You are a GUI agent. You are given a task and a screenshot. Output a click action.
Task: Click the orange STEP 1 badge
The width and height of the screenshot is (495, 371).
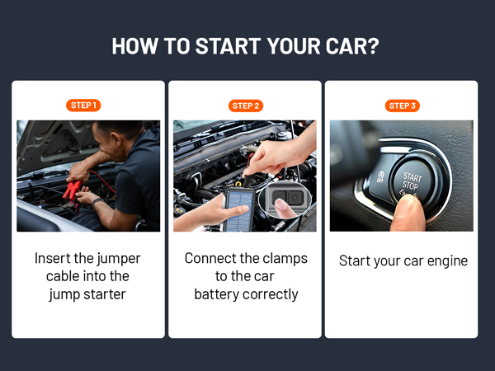point(83,106)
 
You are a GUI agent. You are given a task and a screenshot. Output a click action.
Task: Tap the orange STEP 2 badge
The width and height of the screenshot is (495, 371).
point(246,106)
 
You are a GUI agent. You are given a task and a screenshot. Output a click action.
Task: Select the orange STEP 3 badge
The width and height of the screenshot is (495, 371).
point(403,106)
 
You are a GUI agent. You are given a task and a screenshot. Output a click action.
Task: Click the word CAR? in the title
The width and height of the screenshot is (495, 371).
point(352,46)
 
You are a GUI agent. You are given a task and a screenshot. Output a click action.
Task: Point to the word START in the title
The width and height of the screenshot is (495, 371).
point(228,46)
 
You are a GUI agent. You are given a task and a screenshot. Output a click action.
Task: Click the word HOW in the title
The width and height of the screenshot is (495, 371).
point(134,46)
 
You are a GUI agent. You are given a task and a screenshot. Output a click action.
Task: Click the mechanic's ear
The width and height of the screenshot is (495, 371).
point(115,139)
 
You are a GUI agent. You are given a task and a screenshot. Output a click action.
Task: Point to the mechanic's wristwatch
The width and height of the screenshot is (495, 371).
point(97,202)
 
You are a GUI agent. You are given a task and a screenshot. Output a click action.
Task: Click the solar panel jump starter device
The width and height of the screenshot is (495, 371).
point(239,209)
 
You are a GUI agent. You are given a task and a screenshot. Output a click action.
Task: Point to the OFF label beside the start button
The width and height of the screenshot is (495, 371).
point(380,176)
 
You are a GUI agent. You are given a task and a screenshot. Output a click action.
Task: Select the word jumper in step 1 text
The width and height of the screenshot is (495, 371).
point(118,259)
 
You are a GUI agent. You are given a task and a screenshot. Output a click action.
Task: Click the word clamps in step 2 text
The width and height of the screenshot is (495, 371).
point(285,259)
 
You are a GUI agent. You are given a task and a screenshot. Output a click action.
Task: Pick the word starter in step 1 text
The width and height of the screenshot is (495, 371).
point(105,294)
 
